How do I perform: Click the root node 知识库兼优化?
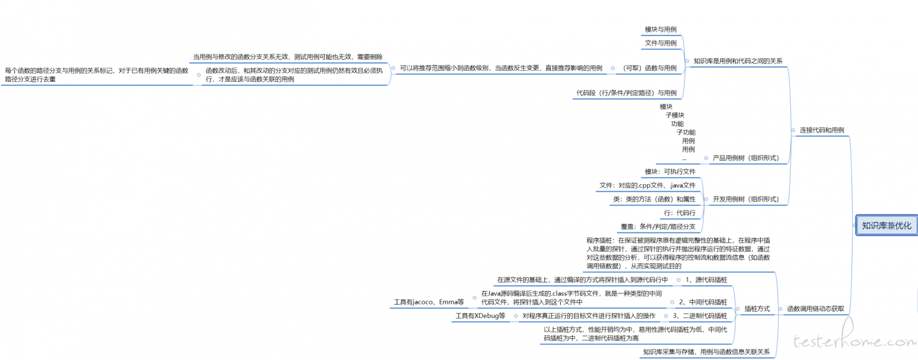[886, 226]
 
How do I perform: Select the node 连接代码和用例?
[822, 130]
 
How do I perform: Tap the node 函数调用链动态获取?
[816, 309]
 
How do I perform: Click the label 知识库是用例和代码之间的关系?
[738, 61]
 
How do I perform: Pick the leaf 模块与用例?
[661, 30]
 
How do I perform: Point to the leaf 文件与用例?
[661, 43]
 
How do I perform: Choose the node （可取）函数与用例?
[649, 68]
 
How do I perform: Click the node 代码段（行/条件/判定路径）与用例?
[626, 93]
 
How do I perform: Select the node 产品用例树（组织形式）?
[746, 158]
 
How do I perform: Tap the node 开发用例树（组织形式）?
[746, 199]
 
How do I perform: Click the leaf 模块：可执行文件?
[670, 172]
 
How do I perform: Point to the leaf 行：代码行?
[679, 213]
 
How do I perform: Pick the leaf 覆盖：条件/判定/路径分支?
[658, 227]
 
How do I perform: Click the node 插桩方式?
[757, 309]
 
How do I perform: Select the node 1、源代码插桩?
[706, 280]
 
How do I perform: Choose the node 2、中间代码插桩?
[703, 302]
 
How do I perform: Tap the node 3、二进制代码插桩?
[700, 316]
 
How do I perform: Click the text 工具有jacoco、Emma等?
[429, 302]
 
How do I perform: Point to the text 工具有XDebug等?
[480, 316]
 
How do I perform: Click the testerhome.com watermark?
[855, 338]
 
